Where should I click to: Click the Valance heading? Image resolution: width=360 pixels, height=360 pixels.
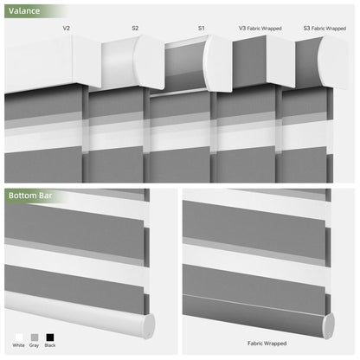pos(24,11)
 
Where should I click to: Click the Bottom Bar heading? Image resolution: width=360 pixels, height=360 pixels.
pos(30,196)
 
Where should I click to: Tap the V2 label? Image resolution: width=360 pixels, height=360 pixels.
pos(67,28)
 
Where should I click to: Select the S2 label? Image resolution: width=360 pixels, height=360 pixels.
pos(135,28)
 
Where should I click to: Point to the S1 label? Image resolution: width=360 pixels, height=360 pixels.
pos(202,28)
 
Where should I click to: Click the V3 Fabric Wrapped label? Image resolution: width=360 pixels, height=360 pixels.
pos(260,29)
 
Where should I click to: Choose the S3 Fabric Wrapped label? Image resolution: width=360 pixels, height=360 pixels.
pos(325,29)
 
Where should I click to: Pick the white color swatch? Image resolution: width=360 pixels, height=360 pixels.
pos(19,337)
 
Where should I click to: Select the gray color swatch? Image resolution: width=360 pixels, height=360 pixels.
pos(35,337)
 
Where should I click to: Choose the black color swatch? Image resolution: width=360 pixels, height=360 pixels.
pos(50,337)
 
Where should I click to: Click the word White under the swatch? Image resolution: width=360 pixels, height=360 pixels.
pos(19,345)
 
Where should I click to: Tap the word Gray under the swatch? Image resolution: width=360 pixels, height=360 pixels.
pos(34,345)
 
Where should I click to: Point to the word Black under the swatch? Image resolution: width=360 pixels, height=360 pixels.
pos(50,345)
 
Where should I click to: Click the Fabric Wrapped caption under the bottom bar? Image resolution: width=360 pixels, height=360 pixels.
pos(267,344)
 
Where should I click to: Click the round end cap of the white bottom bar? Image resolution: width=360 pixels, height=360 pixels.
pos(149,325)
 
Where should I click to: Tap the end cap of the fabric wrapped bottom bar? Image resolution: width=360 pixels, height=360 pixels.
pos(328,325)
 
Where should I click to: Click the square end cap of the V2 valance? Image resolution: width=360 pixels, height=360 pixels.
pos(87,61)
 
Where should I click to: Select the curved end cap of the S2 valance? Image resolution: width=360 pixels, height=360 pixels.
pos(150,61)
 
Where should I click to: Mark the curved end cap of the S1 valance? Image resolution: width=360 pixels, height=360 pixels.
pos(218,63)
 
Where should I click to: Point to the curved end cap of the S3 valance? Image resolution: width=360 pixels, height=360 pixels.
pos(332,61)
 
